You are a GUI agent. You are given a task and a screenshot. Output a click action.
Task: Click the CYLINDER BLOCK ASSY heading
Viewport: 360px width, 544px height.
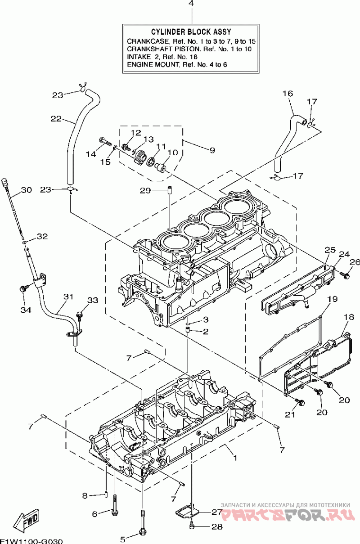191,32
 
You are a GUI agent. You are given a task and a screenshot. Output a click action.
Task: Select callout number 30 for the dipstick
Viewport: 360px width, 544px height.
27,190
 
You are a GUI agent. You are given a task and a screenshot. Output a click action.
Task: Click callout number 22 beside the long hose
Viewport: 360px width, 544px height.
56,119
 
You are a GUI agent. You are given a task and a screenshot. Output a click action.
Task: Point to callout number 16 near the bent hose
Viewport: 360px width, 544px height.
288,93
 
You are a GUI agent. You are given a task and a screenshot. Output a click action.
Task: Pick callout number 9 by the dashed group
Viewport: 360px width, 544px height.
212,151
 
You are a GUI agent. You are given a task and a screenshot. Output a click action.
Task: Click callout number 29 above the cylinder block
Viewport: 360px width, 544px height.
145,191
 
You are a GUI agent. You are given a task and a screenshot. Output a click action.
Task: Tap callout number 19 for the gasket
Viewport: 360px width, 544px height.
332,299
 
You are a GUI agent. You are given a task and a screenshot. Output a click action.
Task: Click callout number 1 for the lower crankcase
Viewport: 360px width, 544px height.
235,458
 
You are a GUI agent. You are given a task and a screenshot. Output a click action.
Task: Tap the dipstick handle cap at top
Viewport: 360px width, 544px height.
5,182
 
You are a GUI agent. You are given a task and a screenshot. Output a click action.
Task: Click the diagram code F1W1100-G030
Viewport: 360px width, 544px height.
31,541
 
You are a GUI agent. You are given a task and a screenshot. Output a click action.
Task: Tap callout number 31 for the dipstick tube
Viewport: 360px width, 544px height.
68,297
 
